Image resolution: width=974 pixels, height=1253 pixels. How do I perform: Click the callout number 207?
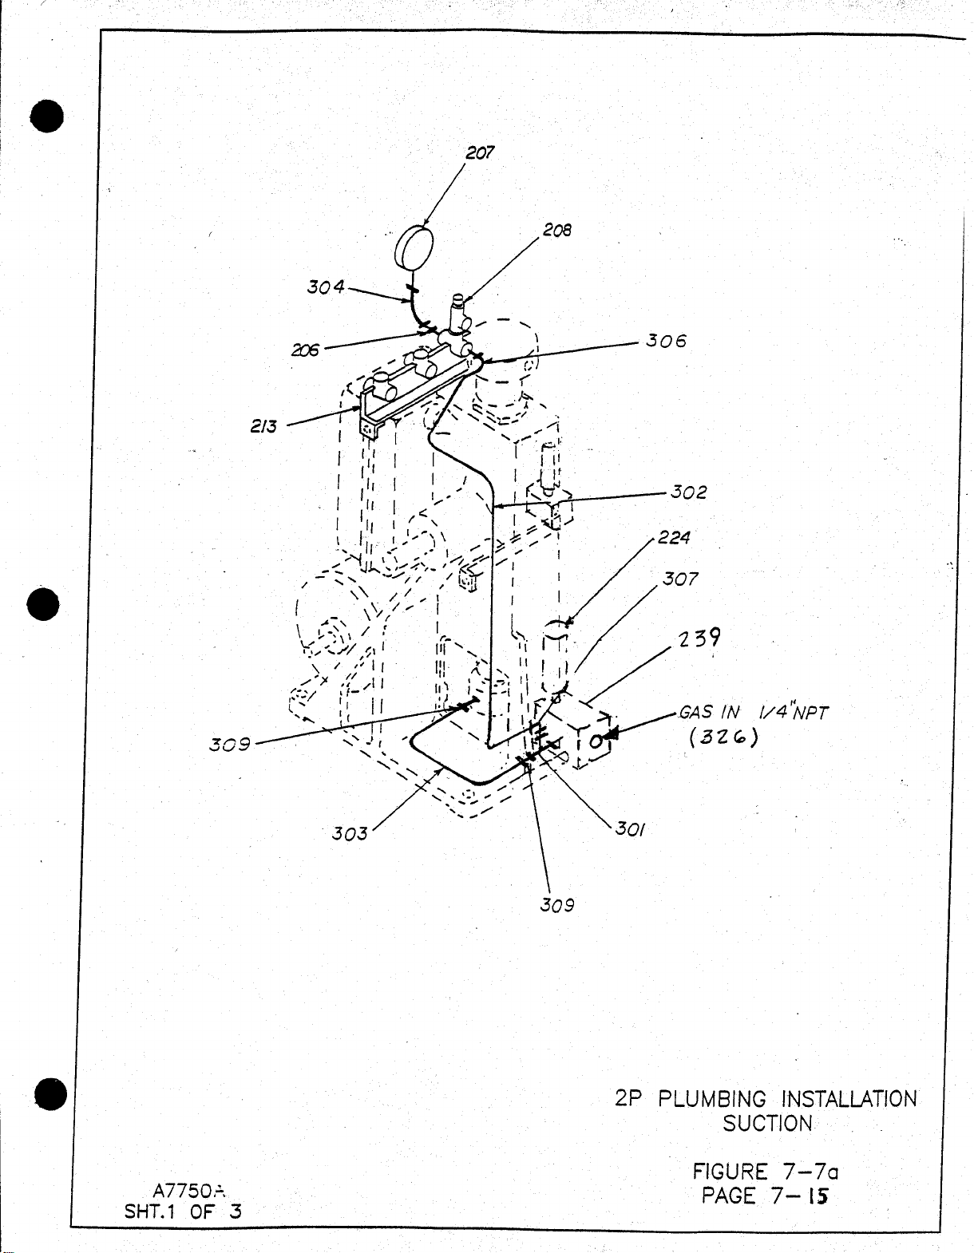coord(480,152)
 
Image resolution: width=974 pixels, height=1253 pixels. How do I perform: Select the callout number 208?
coord(557,230)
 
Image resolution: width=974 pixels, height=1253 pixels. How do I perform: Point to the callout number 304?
coord(326,286)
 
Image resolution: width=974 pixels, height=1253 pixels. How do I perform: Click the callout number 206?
coord(305,350)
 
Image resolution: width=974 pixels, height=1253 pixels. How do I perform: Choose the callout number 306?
coord(666,341)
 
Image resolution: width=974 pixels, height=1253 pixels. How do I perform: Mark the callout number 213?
coord(263,426)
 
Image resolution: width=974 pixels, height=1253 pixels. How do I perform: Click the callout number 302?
coord(688,492)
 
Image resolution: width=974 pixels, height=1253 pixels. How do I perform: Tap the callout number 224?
coord(675,538)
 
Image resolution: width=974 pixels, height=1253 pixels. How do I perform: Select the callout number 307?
coord(680,579)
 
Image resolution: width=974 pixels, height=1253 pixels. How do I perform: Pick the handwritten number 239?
coord(700,639)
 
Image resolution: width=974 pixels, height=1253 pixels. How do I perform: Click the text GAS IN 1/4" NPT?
coord(754,712)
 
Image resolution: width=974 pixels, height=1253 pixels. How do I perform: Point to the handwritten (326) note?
coord(723,737)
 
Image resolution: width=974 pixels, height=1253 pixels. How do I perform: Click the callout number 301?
coord(631,829)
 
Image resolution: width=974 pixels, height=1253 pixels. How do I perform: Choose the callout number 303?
coord(350,834)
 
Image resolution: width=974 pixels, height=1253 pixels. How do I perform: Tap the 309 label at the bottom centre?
coord(557,905)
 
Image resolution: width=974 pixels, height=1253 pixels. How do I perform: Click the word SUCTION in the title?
coord(767,1124)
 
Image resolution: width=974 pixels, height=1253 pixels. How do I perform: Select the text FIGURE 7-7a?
coord(765,1172)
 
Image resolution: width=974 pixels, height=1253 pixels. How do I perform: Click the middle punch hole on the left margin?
coord(47,604)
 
